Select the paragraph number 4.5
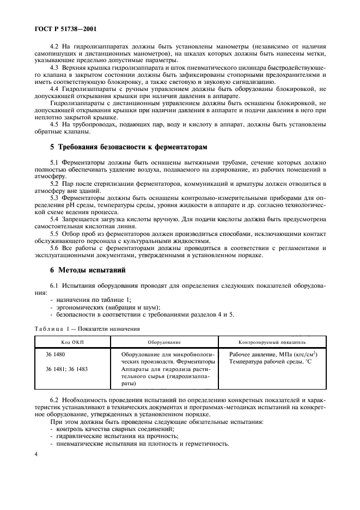pos(55,124)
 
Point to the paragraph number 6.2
pos(55,400)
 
